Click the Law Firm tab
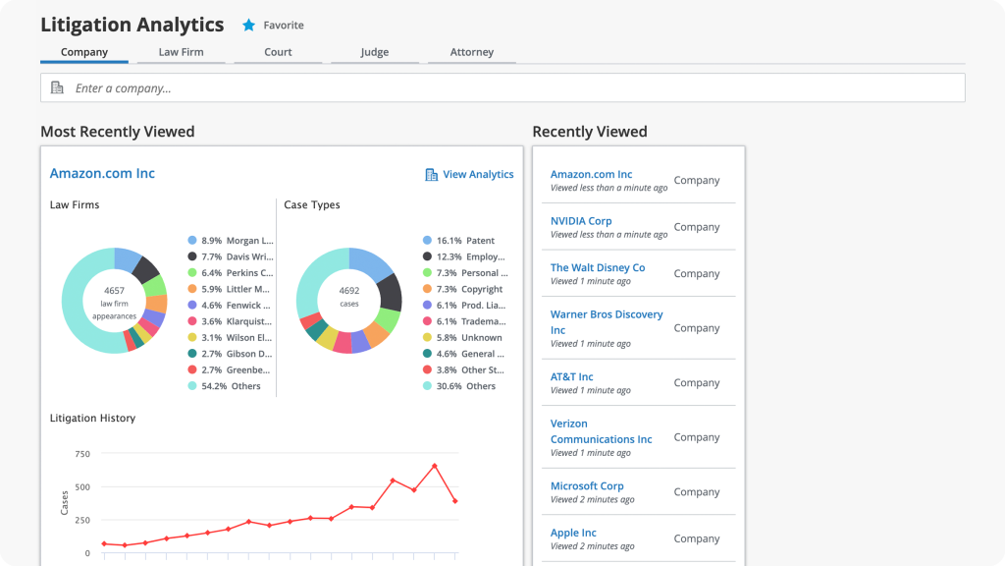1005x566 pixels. [181, 52]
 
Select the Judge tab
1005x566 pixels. [374, 52]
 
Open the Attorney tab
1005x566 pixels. [471, 52]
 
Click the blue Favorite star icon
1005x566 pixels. [248, 26]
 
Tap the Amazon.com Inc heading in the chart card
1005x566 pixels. [102, 174]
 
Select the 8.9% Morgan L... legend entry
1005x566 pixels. [231, 241]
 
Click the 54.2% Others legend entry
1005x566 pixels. [231, 386]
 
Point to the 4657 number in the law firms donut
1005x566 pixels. [115, 291]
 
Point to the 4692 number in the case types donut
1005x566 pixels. [349, 291]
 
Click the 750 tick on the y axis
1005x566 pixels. [82, 454]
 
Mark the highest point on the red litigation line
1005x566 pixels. [435, 466]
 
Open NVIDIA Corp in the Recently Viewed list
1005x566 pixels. [581, 221]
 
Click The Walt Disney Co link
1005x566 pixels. [598, 267]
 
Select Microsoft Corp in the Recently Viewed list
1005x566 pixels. [587, 485]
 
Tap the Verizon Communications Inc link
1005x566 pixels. [601, 431]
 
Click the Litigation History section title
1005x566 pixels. [92, 419]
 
